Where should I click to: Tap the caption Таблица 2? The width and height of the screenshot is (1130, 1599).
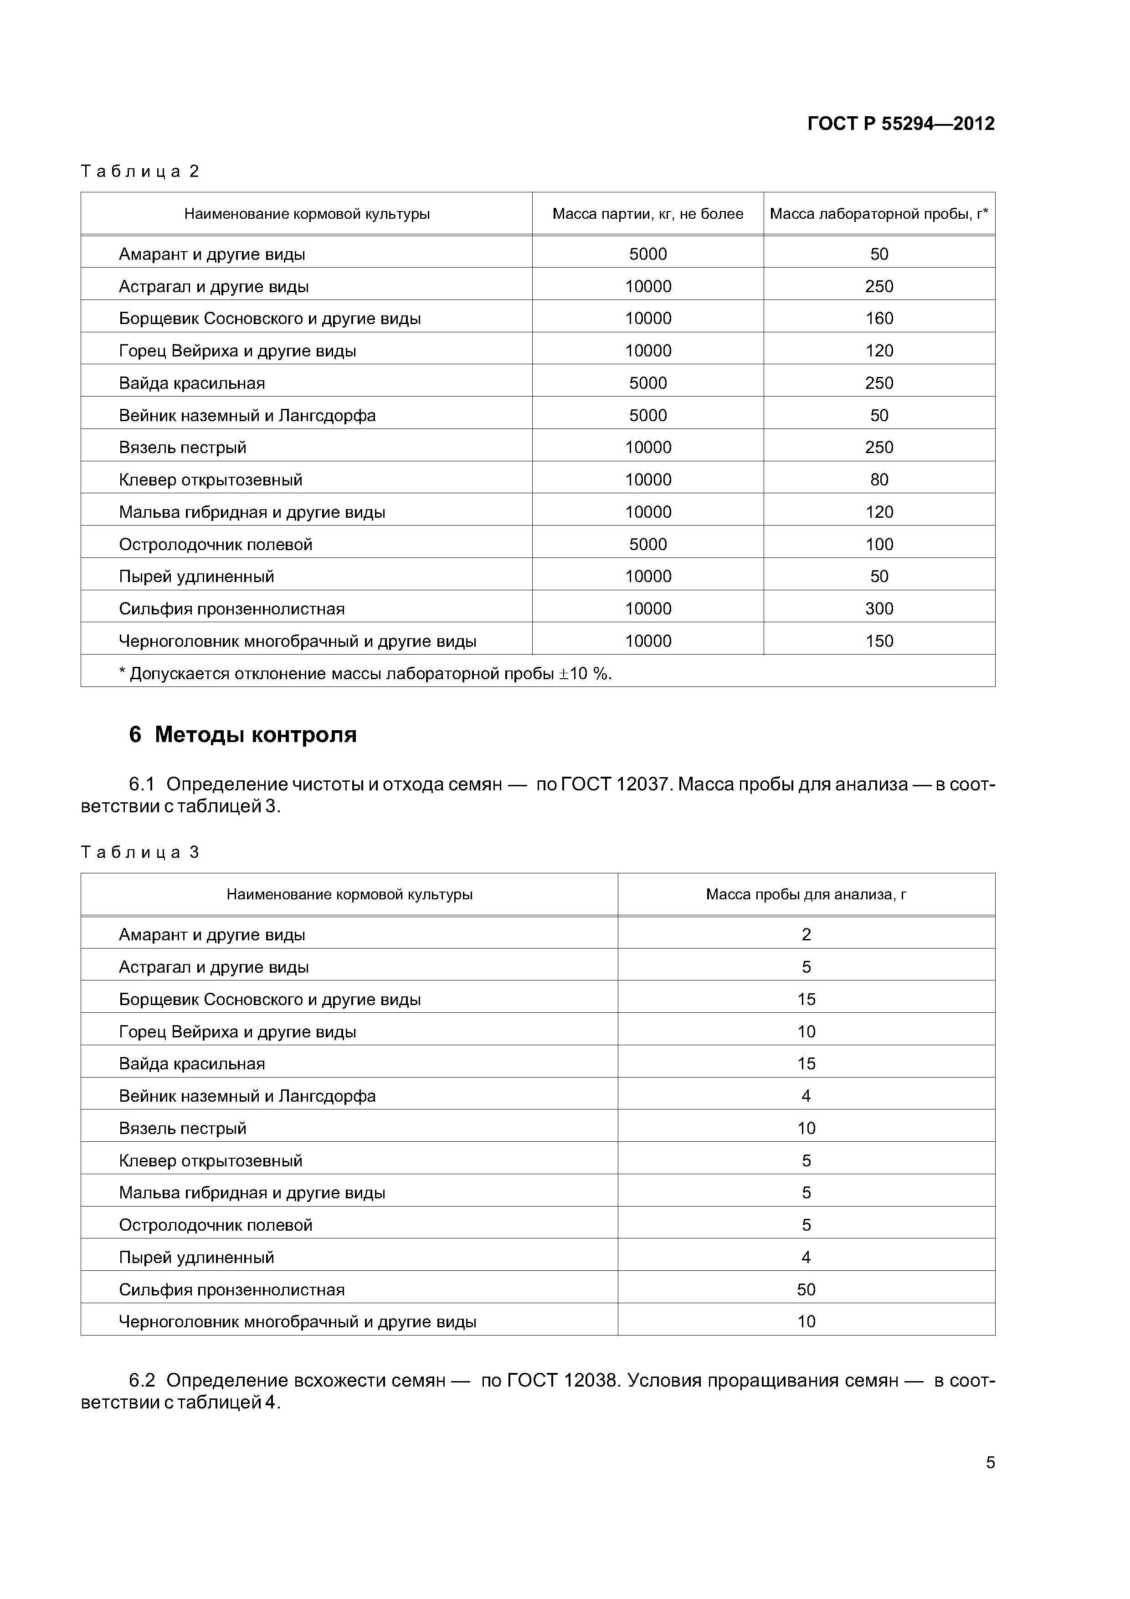click(140, 171)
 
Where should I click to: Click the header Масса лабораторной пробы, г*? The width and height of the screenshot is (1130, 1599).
click(878, 214)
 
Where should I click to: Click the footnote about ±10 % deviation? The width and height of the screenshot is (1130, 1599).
click(365, 673)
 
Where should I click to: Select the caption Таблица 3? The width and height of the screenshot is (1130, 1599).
click(140, 852)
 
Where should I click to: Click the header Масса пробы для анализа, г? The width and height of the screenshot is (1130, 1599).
click(806, 894)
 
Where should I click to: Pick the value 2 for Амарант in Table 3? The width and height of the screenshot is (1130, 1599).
click(806, 934)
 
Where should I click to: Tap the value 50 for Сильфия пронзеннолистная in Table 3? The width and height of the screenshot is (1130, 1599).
click(806, 1290)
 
